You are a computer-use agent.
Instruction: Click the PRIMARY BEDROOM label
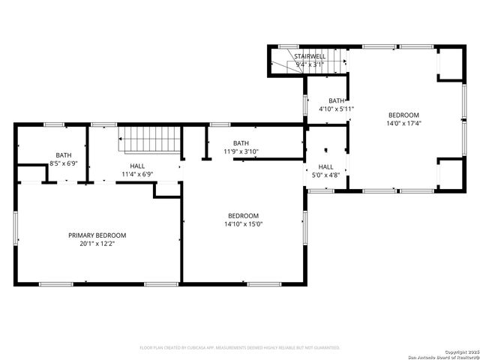tap(97, 235)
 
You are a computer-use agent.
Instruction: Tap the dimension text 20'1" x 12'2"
tap(97, 244)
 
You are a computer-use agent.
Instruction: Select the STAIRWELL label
tap(310, 56)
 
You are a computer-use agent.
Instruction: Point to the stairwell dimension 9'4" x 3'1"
tap(310, 64)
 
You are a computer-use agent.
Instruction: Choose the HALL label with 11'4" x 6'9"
tap(137, 166)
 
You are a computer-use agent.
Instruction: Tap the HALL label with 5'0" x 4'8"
tap(325, 166)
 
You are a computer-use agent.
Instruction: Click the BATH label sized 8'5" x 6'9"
tap(64, 155)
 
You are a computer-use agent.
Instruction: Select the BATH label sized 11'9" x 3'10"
tap(241, 142)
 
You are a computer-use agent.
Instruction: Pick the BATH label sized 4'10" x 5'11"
tap(336, 100)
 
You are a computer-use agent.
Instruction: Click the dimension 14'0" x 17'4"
tap(403, 124)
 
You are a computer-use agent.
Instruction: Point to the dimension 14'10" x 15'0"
tap(244, 223)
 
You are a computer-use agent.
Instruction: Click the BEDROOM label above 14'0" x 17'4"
tap(403, 115)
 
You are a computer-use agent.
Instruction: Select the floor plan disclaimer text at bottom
tap(240, 347)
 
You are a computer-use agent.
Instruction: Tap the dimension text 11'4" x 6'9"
tap(137, 174)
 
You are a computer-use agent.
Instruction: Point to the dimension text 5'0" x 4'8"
tap(325, 175)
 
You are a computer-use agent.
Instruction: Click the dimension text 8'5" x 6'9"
tap(64, 163)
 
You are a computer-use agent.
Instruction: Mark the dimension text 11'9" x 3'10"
tap(241, 151)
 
